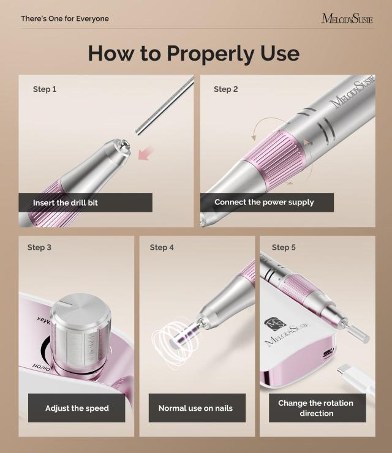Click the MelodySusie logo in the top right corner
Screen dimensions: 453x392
tap(347, 18)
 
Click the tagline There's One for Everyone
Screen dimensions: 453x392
tap(65, 18)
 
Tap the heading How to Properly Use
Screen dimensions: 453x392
tap(194, 53)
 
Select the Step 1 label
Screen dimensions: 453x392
tap(45, 89)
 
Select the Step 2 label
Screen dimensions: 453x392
tap(226, 89)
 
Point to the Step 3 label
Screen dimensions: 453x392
tap(39, 247)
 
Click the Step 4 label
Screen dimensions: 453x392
tap(162, 247)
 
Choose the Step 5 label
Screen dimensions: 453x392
tap(284, 247)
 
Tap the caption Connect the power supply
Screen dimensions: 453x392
tap(264, 202)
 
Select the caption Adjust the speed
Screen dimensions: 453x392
tap(77, 408)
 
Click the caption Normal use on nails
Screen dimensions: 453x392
tap(195, 408)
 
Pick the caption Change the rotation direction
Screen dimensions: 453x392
tap(317, 408)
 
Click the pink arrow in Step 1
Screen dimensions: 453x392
tap(146, 154)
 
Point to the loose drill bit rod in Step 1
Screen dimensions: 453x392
tap(164, 105)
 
